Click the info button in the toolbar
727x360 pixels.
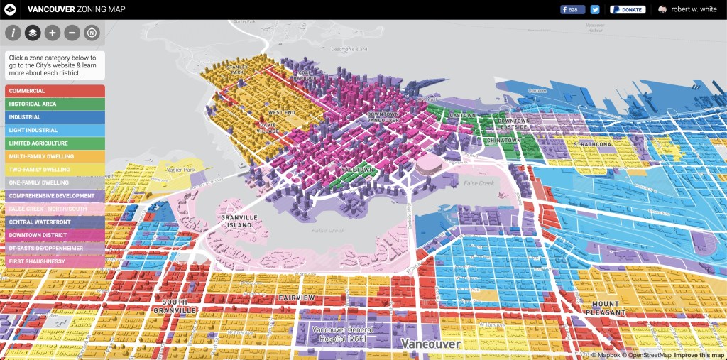13,33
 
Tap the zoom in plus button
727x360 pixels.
53,33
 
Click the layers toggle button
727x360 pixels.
33,33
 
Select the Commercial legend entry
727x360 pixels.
55,91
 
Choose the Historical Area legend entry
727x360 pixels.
55,104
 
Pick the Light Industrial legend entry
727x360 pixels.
55,130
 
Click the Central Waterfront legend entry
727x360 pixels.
55,222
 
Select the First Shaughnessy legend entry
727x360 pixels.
55,261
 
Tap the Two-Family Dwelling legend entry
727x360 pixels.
55,170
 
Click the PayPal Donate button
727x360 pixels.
628,10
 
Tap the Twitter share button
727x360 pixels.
595,10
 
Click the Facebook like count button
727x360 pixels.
572,10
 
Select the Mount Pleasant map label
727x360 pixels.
606,308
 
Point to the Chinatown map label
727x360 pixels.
504,141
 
